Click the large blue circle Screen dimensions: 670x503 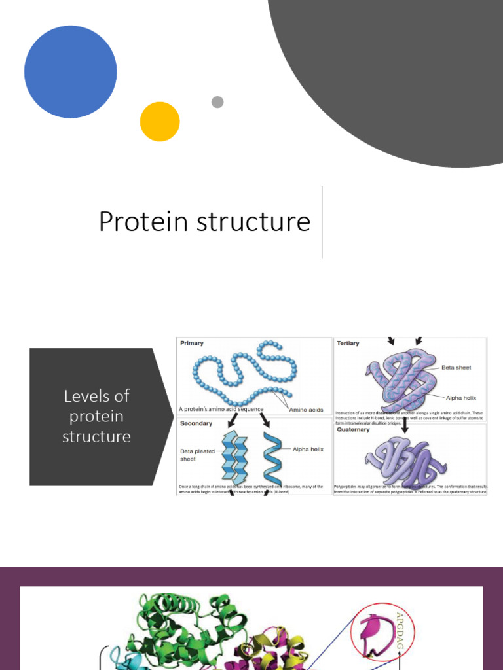(x=71, y=72)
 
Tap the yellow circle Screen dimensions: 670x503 (x=160, y=122)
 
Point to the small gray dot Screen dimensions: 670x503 (x=217, y=102)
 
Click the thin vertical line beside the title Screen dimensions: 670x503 (x=322, y=222)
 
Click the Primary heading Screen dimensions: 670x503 (x=192, y=343)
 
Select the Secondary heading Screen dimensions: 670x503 (x=196, y=423)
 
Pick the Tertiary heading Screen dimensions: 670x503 (x=348, y=343)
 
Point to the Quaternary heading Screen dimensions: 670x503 (x=354, y=430)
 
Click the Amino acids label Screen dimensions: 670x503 (x=306, y=410)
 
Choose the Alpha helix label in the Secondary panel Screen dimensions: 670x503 (x=308, y=449)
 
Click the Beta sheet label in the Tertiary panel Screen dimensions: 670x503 (x=456, y=368)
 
